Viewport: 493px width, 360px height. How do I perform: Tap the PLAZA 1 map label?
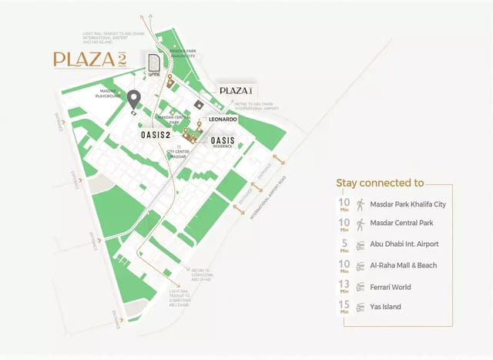click(235, 90)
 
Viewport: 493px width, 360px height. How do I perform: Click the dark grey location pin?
click(134, 99)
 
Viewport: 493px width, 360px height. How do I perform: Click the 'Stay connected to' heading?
click(381, 183)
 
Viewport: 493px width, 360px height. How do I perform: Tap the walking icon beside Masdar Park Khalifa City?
click(360, 204)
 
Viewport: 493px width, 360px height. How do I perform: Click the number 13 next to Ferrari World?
click(344, 284)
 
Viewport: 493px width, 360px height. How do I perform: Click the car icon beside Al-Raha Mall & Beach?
click(360, 266)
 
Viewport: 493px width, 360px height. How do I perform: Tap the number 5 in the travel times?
click(344, 244)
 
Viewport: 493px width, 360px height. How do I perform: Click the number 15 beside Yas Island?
click(344, 305)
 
